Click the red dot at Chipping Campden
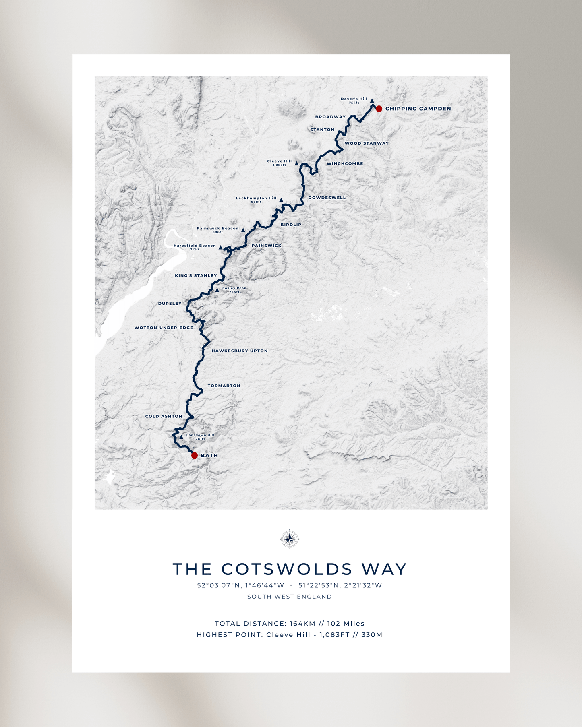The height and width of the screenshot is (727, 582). (x=379, y=109)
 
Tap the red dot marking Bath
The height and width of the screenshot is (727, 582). (x=195, y=455)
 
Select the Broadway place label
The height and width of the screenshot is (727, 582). (x=330, y=117)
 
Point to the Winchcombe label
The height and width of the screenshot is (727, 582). (x=345, y=164)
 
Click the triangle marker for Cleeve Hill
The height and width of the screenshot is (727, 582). (x=296, y=163)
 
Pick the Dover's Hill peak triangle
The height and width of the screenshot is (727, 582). (x=372, y=101)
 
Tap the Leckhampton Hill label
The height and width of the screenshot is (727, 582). (x=256, y=198)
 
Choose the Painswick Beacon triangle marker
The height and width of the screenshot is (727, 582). (x=243, y=230)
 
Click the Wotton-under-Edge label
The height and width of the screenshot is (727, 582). (x=164, y=328)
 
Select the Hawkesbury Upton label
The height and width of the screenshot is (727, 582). (x=240, y=351)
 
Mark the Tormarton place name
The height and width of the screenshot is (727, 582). (x=224, y=386)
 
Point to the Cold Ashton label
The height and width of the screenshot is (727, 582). (x=164, y=417)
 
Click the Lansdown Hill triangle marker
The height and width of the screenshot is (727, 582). (x=181, y=437)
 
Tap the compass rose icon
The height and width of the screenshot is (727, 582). (x=290, y=539)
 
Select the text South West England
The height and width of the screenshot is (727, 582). (x=290, y=597)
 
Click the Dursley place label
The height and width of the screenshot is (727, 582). (x=170, y=304)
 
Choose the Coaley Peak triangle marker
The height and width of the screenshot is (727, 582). (x=217, y=290)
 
